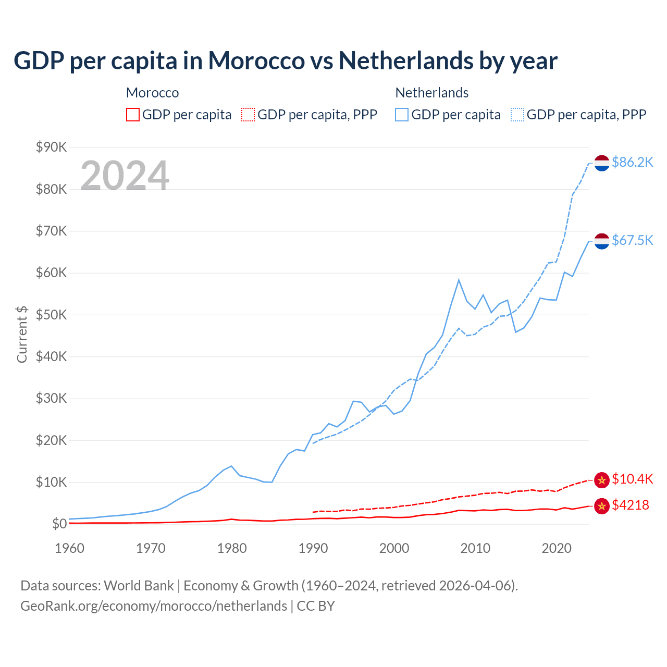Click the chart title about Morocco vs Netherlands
(286, 60)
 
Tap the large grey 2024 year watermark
(125, 176)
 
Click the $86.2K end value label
(632, 162)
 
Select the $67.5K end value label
(632, 240)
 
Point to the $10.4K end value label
(632, 479)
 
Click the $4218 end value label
(630, 505)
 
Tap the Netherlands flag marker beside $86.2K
(602, 163)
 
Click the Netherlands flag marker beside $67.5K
(602, 241)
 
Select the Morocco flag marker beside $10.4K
(602, 480)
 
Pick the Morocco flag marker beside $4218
(602, 505)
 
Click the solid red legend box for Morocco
(133, 115)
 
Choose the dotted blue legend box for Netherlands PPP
(517, 115)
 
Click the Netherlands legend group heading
(432, 93)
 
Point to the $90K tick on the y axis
(51, 147)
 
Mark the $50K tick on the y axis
(51, 315)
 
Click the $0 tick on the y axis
(59, 524)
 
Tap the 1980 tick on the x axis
(232, 548)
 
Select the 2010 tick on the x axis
(475, 548)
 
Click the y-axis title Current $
(22, 335)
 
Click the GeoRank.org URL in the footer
(154, 606)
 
